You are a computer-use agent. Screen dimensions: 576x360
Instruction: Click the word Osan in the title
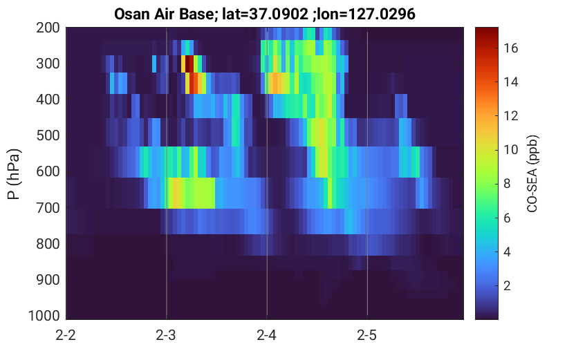coord(131,15)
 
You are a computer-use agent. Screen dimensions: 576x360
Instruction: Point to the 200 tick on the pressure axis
coord(48,28)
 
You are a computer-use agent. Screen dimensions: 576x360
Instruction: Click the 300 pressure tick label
coord(48,64)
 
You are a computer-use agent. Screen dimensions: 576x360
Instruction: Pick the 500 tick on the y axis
coord(48,135)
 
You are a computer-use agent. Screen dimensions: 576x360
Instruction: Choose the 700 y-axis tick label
coord(48,208)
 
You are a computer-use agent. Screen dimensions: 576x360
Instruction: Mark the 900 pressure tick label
coord(48,280)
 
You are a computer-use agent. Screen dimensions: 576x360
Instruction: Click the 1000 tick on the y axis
coord(44,316)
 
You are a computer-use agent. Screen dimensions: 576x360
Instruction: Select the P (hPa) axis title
coord(14,174)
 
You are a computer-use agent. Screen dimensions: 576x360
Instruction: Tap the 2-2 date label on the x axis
coord(66,335)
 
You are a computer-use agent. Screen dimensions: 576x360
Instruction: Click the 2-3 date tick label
coord(166,335)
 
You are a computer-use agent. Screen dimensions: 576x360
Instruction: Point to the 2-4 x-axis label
coord(266,335)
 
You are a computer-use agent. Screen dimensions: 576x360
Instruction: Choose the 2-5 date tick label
coord(367,335)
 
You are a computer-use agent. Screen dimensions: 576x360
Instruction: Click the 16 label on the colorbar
coord(510,48)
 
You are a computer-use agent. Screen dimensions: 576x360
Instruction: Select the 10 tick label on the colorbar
coord(510,149)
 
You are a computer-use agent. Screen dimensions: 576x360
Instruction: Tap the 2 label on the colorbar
coord(507,285)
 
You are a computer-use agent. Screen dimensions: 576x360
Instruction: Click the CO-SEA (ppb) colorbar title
coord(532,174)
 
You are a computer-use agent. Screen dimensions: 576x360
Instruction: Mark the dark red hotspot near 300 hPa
coord(189,64)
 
